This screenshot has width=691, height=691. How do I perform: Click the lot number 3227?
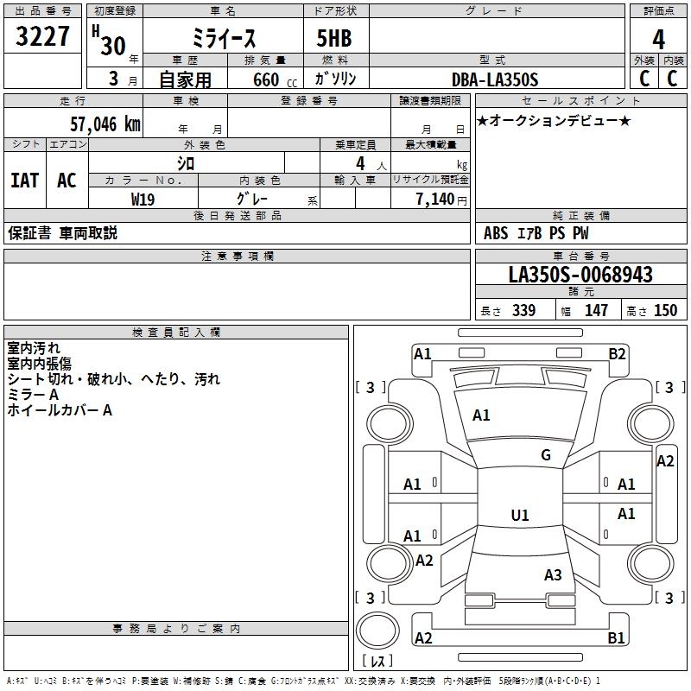pos(43,38)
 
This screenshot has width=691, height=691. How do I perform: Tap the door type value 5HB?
pos(326,39)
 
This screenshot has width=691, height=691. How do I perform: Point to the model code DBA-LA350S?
pos(495,79)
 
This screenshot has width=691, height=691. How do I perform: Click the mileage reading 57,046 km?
pos(105,124)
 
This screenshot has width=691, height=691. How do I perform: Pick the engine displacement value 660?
pos(264,79)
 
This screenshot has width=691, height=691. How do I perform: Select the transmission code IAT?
pos(24,180)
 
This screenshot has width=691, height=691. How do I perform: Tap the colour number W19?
pos(143,199)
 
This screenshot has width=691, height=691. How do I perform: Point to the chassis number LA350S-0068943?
pos(580,276)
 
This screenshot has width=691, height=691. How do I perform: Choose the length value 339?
pos(523,311)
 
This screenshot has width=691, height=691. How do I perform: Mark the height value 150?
pos(665,311)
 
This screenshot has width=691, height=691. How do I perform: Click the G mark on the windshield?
pos(546,455)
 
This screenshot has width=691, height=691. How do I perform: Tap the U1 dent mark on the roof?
pos(520,516)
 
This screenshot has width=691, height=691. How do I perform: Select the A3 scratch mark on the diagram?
pos(553,575)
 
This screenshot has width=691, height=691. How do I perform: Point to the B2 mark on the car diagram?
pos(617,353)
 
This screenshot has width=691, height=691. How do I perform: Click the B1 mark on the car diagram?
pos(617,638)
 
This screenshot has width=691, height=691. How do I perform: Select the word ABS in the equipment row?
pos(496,233)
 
